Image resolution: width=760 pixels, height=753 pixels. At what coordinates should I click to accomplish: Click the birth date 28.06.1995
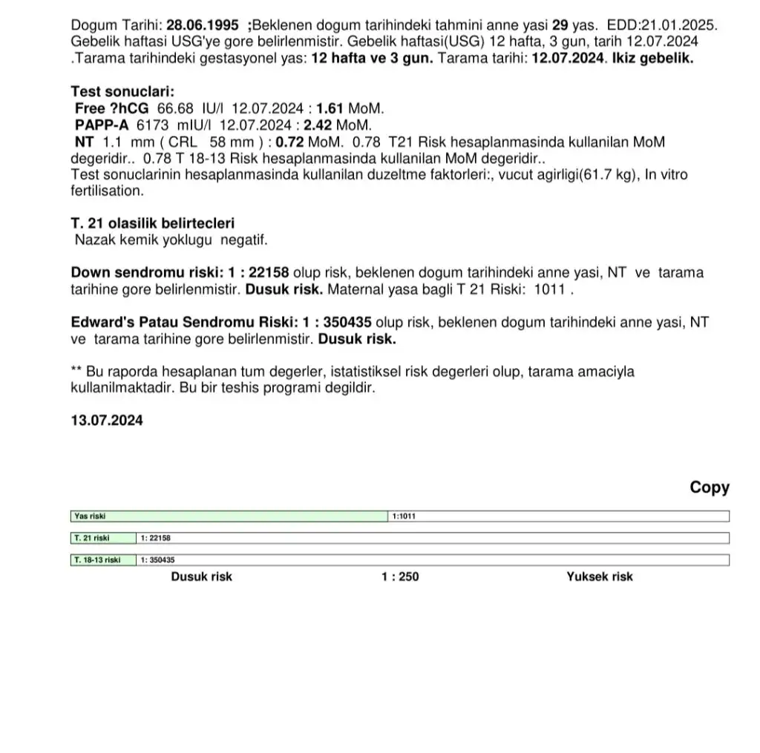(203, 24)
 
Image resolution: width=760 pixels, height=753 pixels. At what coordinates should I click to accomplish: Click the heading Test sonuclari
(122, 92)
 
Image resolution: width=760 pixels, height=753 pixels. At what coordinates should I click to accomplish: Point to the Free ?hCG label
(112, 108)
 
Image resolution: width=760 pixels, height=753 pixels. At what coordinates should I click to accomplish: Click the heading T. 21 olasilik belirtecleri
(152, 223)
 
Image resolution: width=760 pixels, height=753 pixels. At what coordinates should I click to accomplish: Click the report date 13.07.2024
(107, 420)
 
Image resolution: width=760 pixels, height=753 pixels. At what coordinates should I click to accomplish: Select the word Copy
(710, 487)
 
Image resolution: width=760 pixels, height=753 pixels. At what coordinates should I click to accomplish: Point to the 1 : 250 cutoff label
(400, 576)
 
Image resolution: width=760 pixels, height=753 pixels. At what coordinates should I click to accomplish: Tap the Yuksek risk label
(600, 576)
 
